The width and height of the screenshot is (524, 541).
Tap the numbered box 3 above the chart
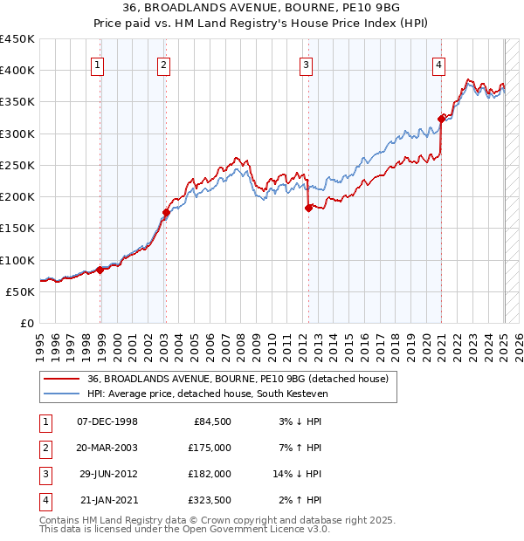pos(306,64)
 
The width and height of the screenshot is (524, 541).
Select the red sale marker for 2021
pos(442,119)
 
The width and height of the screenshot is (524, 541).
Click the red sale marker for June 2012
pos(308,208)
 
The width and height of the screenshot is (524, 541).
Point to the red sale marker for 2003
pos(165,212)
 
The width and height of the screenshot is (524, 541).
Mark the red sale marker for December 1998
pos(100,270)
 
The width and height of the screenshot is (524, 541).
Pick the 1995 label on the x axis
pos(40,341)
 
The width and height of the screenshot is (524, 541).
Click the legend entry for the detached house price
pos(243,378)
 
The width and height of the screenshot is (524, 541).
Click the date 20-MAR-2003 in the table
pos(107,448)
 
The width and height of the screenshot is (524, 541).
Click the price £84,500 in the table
pos(211,421)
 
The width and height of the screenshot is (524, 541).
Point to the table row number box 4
pos(44,500)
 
